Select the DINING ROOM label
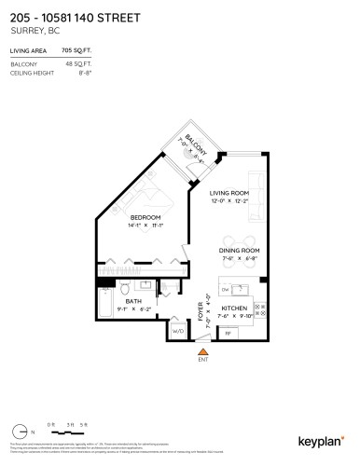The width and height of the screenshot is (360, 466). tap(239, 251)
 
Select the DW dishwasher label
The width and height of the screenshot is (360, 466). tap(227, 288)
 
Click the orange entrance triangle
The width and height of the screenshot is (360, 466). tap(202, 349)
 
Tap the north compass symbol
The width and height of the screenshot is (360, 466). tap(21, 432)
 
